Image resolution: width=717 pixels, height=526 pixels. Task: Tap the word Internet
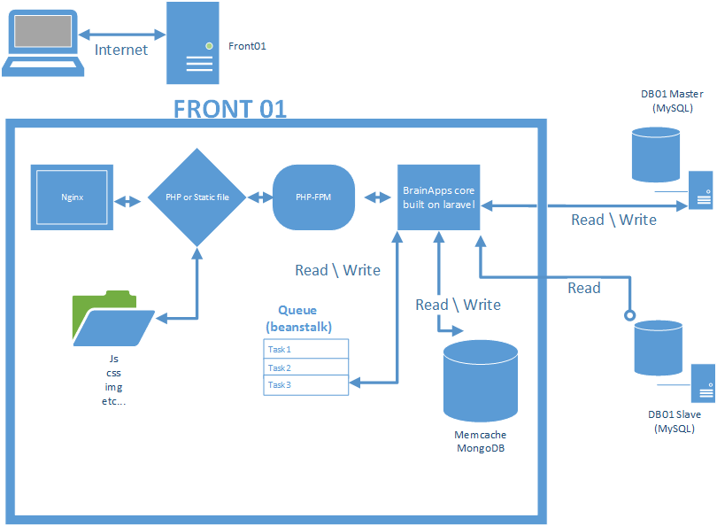pos(121,50)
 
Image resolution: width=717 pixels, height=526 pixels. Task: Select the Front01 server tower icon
pos(193,43)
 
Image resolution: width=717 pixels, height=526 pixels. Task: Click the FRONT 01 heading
pos(230,109)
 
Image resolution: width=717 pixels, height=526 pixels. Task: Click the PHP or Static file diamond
pos(197,197)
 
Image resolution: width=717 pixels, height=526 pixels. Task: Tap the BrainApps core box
pos(439,197)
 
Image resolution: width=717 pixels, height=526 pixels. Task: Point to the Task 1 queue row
pos(306,349)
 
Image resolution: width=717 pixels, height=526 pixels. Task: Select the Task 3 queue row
pos(306,384)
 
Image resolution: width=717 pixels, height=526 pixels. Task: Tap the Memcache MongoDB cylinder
pos(480,380)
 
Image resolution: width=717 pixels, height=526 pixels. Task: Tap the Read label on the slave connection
pos(584,288)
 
